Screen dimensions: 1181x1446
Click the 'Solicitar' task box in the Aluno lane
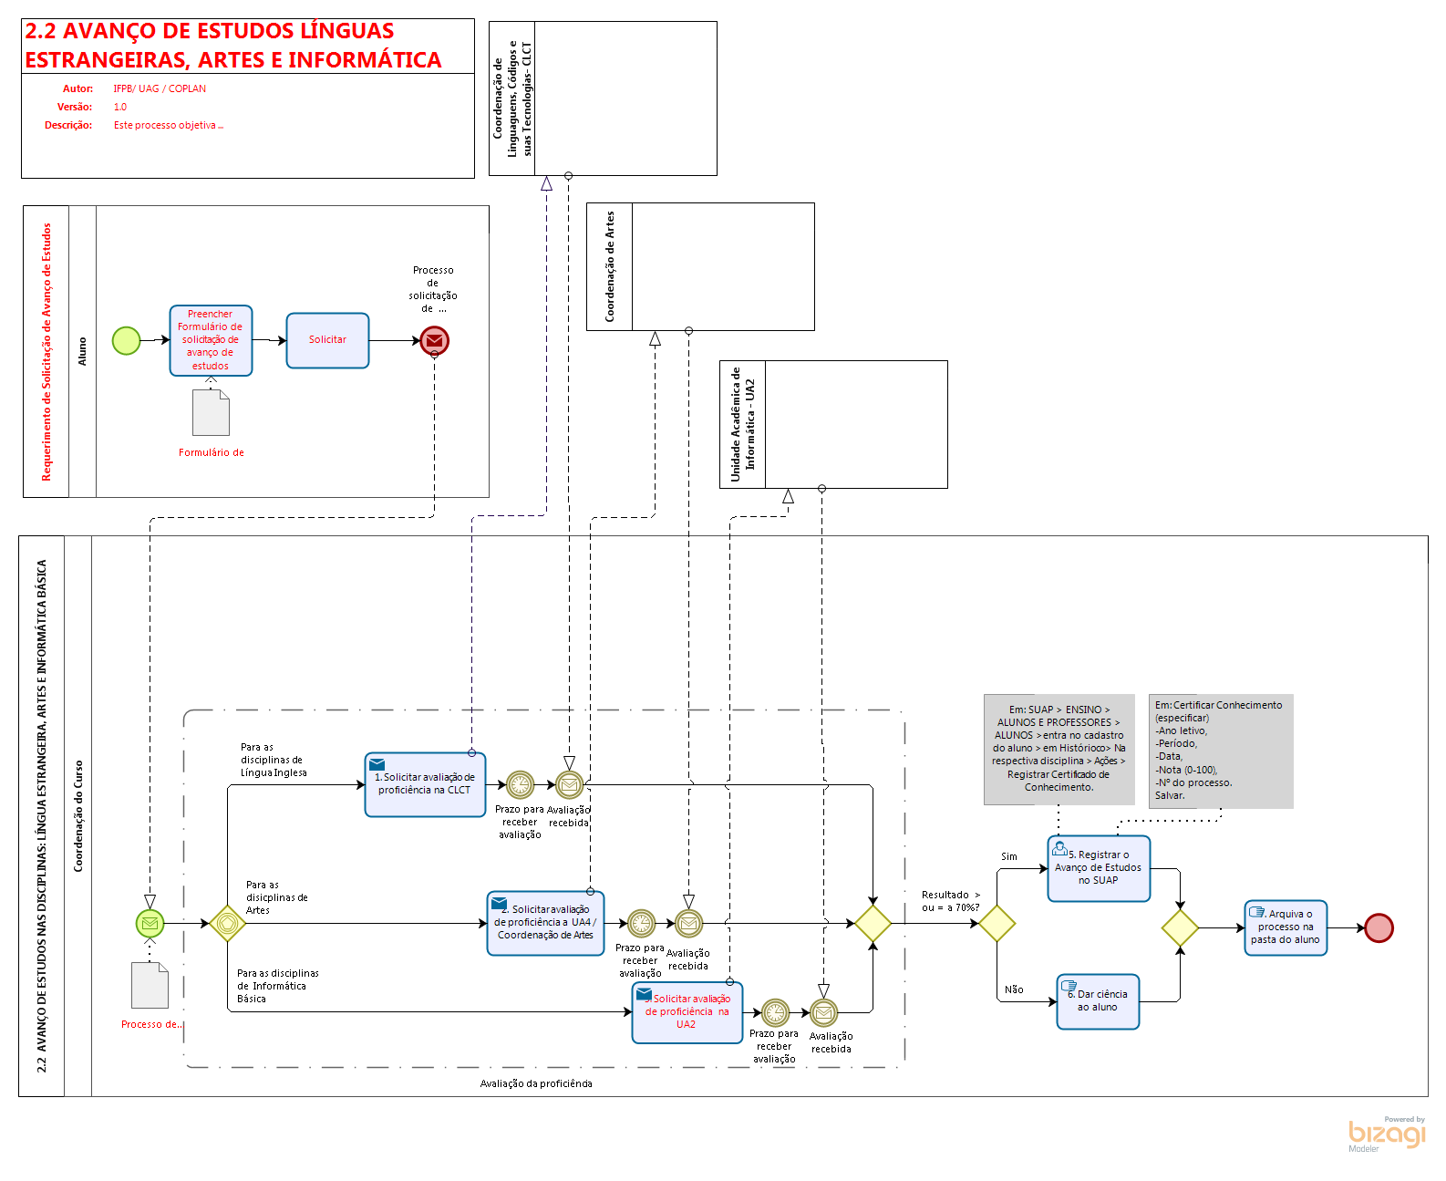(x=327, y=340)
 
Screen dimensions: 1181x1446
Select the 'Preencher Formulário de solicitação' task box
(x=211, y=340)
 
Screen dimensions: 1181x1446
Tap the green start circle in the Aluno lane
(x=126, y=340)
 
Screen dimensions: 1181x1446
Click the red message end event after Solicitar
(x=435, y=340)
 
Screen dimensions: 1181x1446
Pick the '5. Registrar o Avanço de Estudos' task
(x=1099, y=868)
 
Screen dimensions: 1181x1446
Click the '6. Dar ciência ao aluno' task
(x=1098, y=1001)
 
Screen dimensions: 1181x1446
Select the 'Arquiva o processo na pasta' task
(x=1286, y=927)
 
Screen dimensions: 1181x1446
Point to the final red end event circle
(x=1379, y=927)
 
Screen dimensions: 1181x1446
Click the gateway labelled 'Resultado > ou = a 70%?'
(x=997, y=923)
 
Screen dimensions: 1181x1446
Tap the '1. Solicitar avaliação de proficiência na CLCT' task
(x=425, y=784)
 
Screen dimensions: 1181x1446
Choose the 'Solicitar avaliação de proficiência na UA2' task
(x=687, y=1012)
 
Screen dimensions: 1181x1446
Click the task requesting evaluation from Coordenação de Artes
(x=545, y=923)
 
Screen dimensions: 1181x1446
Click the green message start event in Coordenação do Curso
(x=150, y=923)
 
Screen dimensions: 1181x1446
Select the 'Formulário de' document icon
(x=211, y=413)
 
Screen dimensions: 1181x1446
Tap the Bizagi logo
(x=1387, y=1133)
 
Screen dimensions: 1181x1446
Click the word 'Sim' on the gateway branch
(x=1009, y=856)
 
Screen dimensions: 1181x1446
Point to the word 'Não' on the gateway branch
(x=1014, y=989)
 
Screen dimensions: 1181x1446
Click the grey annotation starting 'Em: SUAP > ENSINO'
(x=1059, y=749)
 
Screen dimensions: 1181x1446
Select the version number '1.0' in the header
(x=120, y=107)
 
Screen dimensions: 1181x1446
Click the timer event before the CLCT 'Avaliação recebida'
(x=520, y=784)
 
